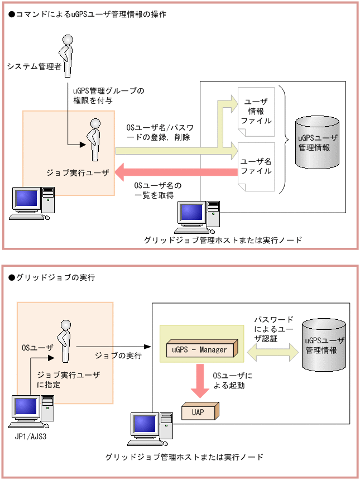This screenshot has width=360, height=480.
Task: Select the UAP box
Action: tap(199, 411)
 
